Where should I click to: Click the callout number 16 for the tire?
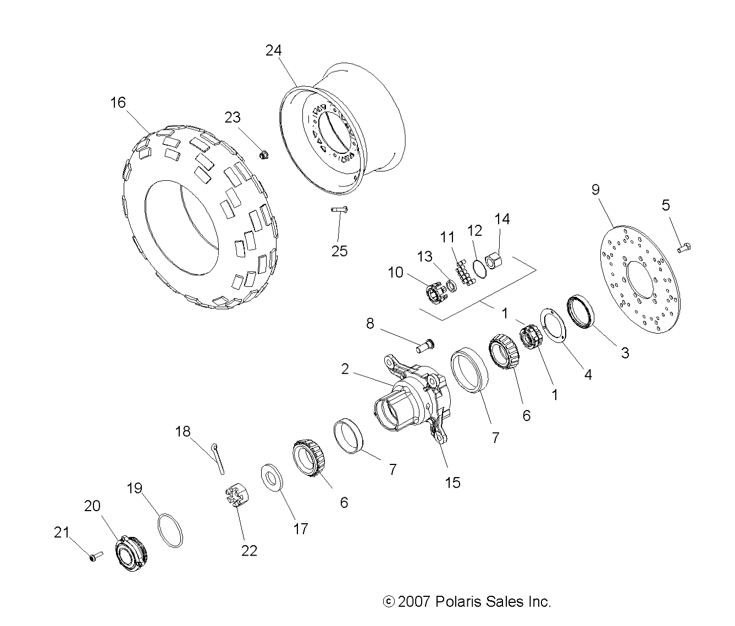click(118, 103)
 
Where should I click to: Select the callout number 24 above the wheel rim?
click(273, 51)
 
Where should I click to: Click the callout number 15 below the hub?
click(452, 483)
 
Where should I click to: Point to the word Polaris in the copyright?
click(458, 602)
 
